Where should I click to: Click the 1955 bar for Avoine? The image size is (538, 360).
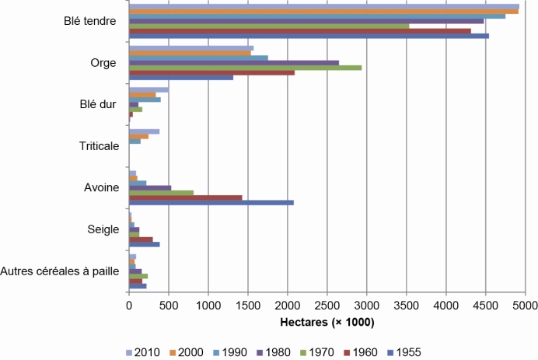coord(211,203)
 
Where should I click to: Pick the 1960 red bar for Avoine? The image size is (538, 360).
coord(185,197)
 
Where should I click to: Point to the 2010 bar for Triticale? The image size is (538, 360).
coord(144,131)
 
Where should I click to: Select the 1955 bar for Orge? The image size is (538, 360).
coord(180,77)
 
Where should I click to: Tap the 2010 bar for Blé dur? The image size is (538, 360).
coord(148,89)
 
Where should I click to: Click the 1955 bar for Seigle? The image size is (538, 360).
coord(144,244)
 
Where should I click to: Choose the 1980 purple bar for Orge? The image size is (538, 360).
coord(233,62)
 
